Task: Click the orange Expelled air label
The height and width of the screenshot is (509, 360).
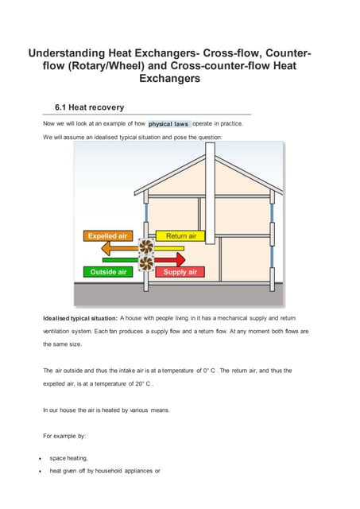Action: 107,236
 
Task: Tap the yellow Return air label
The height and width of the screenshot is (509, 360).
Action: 181,236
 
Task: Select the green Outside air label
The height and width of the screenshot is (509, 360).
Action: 108,272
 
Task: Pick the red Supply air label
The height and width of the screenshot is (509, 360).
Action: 180,272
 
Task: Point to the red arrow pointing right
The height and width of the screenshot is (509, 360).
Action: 170,259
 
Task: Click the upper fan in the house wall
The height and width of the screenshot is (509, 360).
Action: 146,247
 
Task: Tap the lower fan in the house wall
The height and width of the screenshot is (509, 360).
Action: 146,262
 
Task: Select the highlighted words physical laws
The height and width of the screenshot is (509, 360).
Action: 168,124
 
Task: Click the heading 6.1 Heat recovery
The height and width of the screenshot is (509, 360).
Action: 89,107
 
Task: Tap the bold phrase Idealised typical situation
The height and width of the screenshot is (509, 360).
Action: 79,318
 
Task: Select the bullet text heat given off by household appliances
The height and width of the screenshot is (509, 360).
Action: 105,471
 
